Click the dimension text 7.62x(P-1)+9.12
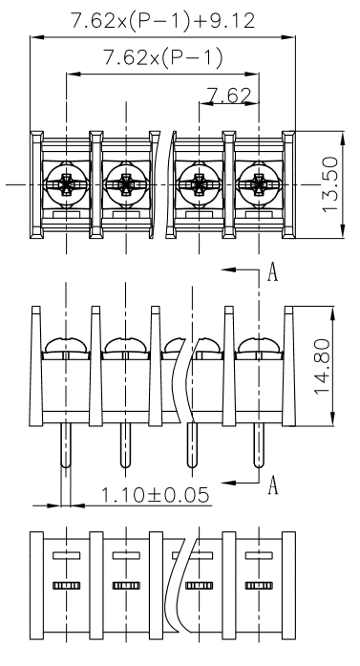(x=163, y=21)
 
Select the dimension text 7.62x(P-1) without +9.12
(x=163, y=57)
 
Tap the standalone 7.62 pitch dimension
(x=229, y=96)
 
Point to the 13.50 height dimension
(x=330, y=184)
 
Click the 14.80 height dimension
(x=322, y=366)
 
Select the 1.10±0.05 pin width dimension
(x=155, y=495)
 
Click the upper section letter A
(x=272, y=271)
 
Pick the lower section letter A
(x=272, y=485)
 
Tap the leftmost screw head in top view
(x=66, y=185)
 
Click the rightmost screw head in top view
(x=259, y=185)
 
